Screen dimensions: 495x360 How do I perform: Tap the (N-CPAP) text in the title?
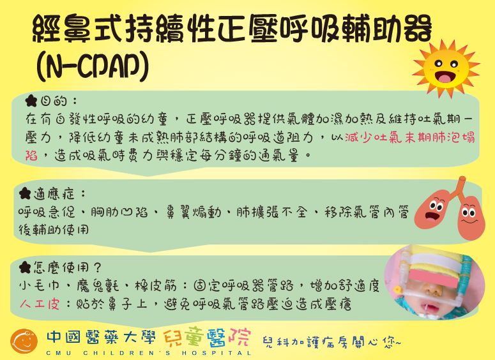click(x=92, y=66)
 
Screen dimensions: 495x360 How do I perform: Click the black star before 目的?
click(x=31, y=101)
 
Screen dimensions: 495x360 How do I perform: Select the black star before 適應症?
click(x=25, y=193)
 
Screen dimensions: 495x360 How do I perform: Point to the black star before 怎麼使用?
click(x=25, y=267)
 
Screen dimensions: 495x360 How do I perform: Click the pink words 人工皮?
click(x=40, y=304)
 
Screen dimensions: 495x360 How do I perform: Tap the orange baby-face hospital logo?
click(x=24, y=341)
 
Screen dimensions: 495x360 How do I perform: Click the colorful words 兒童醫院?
click(x=208, y=337)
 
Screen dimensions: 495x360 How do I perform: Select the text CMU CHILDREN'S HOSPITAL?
click(x=148, y=353)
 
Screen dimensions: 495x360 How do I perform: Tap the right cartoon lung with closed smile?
click(x=471, y=218)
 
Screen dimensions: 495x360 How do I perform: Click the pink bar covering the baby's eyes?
click(x=434, y=278)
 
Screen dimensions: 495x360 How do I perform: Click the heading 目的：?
click(x=59, y=101)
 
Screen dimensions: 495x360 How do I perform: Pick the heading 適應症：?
click(x=59, y=193)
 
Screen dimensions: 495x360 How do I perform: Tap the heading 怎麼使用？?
click(x=67, y=267)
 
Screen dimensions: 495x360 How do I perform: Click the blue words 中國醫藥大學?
click(x=101, y=337)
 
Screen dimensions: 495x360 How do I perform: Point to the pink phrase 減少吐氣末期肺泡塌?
click(x=410, y=138)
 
